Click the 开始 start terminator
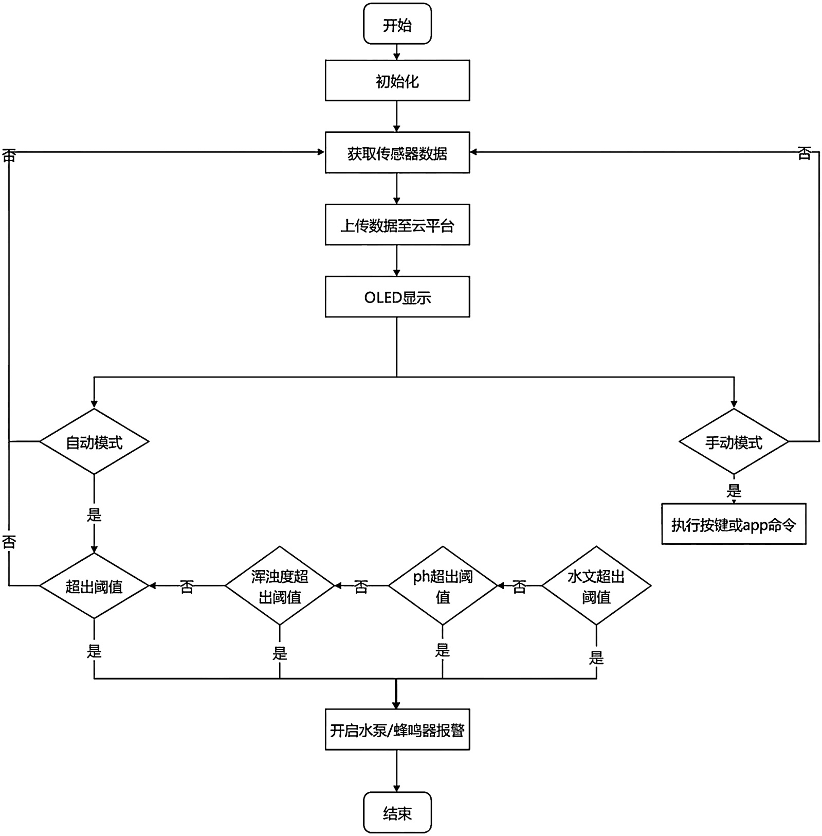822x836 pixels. (397, 24)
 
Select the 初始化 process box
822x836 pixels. (397, 80)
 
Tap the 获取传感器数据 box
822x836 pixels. (397, 152)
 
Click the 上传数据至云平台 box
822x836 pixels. (397, 224)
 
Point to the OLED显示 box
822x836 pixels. (397, 297)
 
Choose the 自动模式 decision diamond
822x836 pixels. (94, 441)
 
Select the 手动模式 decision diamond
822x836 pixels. (734, 441)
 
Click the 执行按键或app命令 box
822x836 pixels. (734, 524)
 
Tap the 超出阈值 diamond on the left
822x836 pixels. (94, 585)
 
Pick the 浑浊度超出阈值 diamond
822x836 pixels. (280, 585)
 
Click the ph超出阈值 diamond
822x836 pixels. (443, 585)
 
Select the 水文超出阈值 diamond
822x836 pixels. (596, 585)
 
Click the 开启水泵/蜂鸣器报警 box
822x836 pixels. (397, 730)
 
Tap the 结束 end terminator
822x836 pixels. (397, 812)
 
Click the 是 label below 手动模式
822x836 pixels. (734, 491)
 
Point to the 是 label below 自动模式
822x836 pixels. (94, 514)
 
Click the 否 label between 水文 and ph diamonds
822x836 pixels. (519, 586)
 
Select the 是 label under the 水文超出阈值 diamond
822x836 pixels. (596, 657)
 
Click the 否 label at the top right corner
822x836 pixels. (804, 153)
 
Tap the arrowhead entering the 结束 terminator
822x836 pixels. (397, 788)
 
